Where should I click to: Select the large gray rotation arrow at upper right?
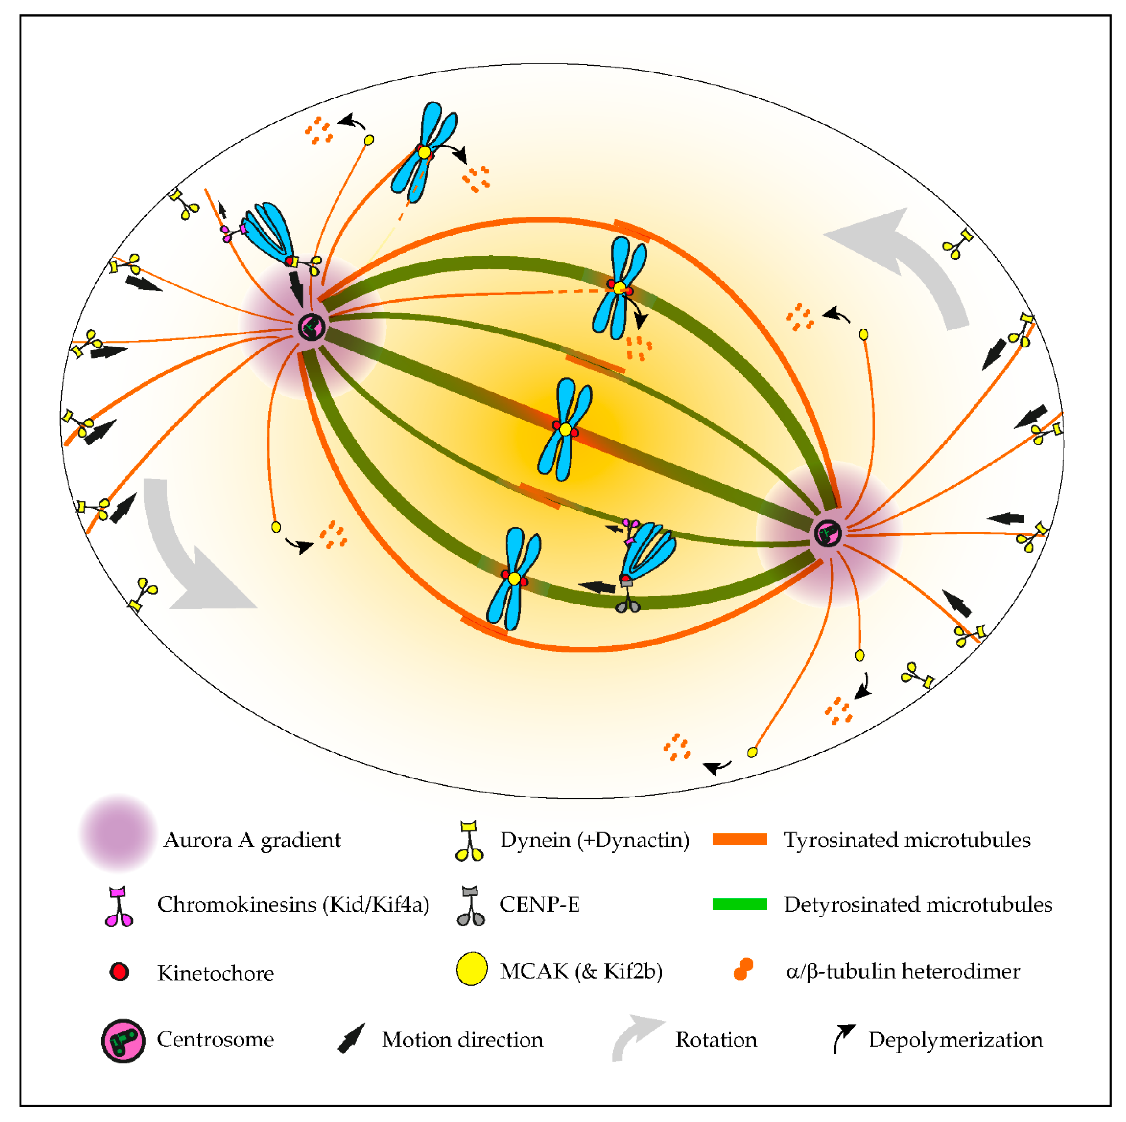[x=909, y=262]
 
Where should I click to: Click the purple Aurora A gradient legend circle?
[x=118, y=833]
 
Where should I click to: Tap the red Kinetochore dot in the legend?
[x=119, y=972]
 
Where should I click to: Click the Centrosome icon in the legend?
[x=123, y=1041]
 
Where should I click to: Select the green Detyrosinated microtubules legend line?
[x=739, y=904]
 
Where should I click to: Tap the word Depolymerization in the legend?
[x=955, y=1040]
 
